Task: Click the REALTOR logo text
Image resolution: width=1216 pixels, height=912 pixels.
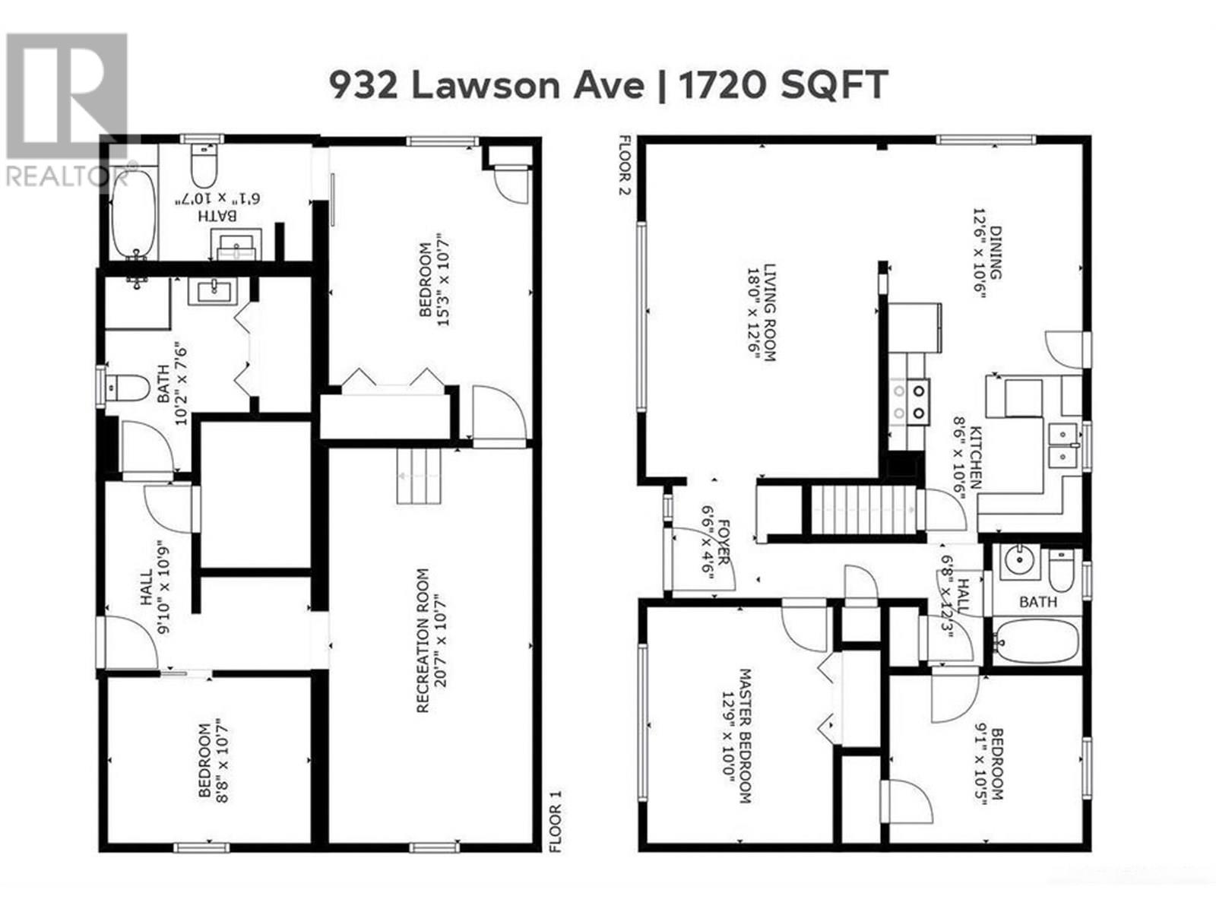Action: click(67, 176)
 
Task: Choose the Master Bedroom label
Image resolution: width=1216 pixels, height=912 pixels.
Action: click(736, 736)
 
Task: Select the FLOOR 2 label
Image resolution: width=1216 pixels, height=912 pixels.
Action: click(625, 166)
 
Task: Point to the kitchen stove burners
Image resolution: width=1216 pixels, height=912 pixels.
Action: click(910, 402)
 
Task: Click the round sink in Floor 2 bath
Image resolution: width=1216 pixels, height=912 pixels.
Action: click(1017, 561)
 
